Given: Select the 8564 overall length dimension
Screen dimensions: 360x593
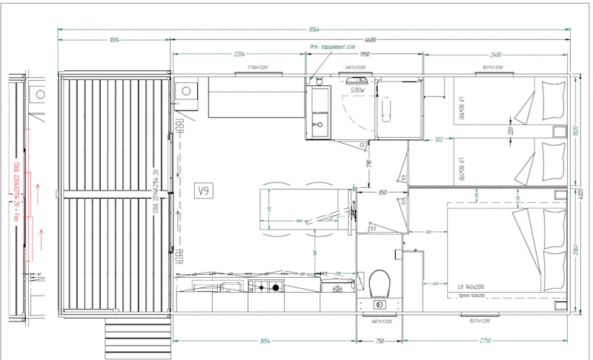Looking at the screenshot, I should (x=314, y=30).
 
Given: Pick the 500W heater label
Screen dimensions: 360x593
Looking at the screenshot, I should (x=358, y=90).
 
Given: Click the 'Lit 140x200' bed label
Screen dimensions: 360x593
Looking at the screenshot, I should (x=470, y=287).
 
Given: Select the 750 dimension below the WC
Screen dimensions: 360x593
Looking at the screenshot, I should (x=380, y=342).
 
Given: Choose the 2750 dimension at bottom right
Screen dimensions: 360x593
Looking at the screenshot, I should (x=486, y=342).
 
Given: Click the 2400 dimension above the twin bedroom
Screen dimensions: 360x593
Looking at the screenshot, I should (x=496, y=54).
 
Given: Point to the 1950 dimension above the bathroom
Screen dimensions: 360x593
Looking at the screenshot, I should (x=365, y=54).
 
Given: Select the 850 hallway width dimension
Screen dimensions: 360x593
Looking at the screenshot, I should (x=382, y=193).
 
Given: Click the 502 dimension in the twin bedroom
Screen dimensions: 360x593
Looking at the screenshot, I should (x=439, y=139).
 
